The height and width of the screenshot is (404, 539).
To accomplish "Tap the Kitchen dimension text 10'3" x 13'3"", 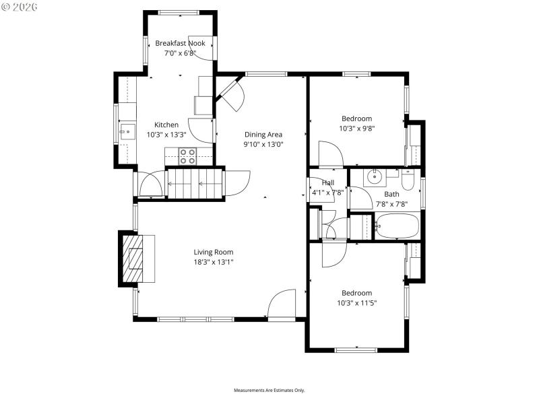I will point(166,134).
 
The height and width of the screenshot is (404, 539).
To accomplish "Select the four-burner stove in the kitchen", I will point(188,156).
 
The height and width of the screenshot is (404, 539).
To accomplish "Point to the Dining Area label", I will point(263,134).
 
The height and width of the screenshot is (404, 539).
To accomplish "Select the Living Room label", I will point(214,252).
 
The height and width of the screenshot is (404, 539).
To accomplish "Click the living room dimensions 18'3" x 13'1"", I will point(214,262).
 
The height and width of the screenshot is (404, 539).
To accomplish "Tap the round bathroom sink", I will point(373,178).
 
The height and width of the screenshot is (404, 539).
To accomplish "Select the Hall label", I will point(328,182).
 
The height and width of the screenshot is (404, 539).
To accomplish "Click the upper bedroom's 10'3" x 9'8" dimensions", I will point(356,128).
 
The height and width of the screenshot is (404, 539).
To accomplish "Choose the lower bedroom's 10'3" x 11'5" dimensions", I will point(356,302).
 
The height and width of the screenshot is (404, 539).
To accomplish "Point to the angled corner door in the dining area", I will point(231,94).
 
